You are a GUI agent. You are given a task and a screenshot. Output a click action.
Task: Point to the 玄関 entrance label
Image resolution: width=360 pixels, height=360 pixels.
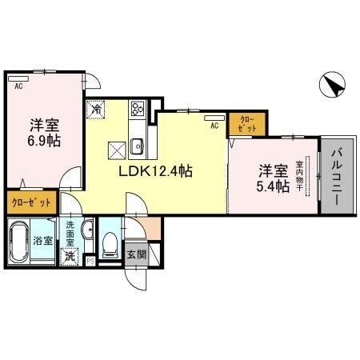[136, 256]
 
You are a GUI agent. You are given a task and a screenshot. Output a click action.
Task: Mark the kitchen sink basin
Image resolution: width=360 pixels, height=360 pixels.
[137, 146]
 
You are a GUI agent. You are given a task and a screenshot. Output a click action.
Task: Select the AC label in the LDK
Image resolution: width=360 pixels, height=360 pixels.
[214, 126]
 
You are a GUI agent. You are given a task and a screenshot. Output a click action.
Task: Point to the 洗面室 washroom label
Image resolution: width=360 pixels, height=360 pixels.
[71, 233]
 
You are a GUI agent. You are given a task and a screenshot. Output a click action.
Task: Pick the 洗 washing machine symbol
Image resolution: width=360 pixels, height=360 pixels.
[71, 256]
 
